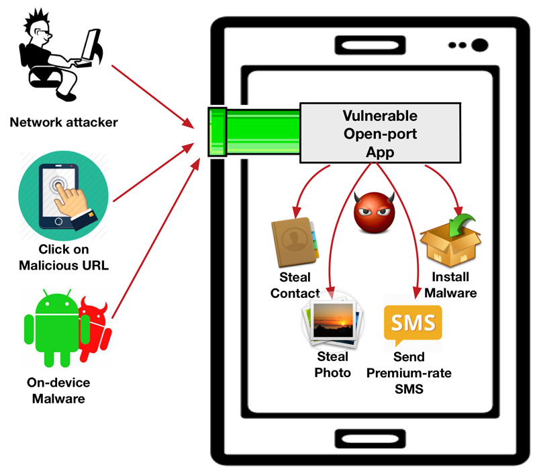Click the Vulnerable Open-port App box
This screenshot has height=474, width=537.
(380, 133)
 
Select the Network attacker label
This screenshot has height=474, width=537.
(64, 122)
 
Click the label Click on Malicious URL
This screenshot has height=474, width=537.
(64, 257)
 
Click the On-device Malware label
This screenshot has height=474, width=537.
(58, 390)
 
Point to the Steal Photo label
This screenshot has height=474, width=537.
(332, 364)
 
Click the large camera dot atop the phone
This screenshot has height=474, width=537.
(479, 46)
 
